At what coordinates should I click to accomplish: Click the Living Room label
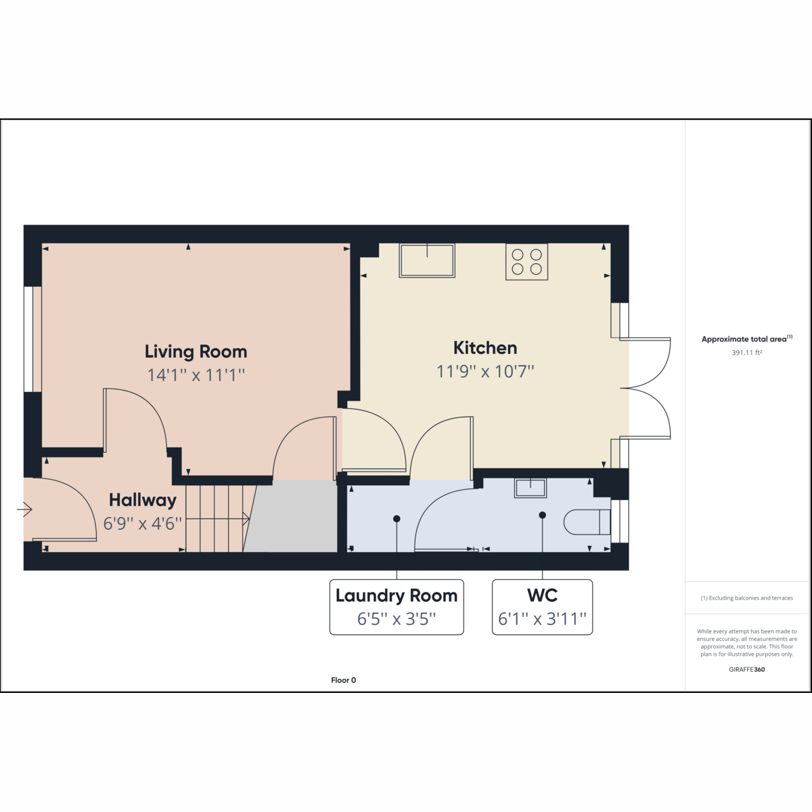[x=196, y=352]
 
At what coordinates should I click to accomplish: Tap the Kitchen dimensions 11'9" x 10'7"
[x=485, y=371]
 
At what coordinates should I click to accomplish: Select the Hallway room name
[x=143, y=500]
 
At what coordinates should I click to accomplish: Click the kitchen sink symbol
[x=427, y=261]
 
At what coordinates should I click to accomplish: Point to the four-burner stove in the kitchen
[x=526, y=262]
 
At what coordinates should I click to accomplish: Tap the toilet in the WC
[x=587, y=522]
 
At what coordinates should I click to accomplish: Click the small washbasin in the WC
[x=530, y=488]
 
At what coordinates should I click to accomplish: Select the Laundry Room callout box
[x=397, y=607]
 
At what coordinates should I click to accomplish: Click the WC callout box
[x=542, y=607]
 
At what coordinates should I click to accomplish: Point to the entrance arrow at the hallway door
[x=24, y=510]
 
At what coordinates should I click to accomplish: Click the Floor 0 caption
[x=344, y=680]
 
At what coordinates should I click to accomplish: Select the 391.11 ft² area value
[x=746, y=353]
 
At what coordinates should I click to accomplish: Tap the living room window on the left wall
[x=32, y=339]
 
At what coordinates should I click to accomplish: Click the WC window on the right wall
[x=620, y=521]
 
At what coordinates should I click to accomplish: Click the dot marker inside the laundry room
[x=397, y=519]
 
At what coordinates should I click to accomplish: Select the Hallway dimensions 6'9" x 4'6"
[x=143, y=524]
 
